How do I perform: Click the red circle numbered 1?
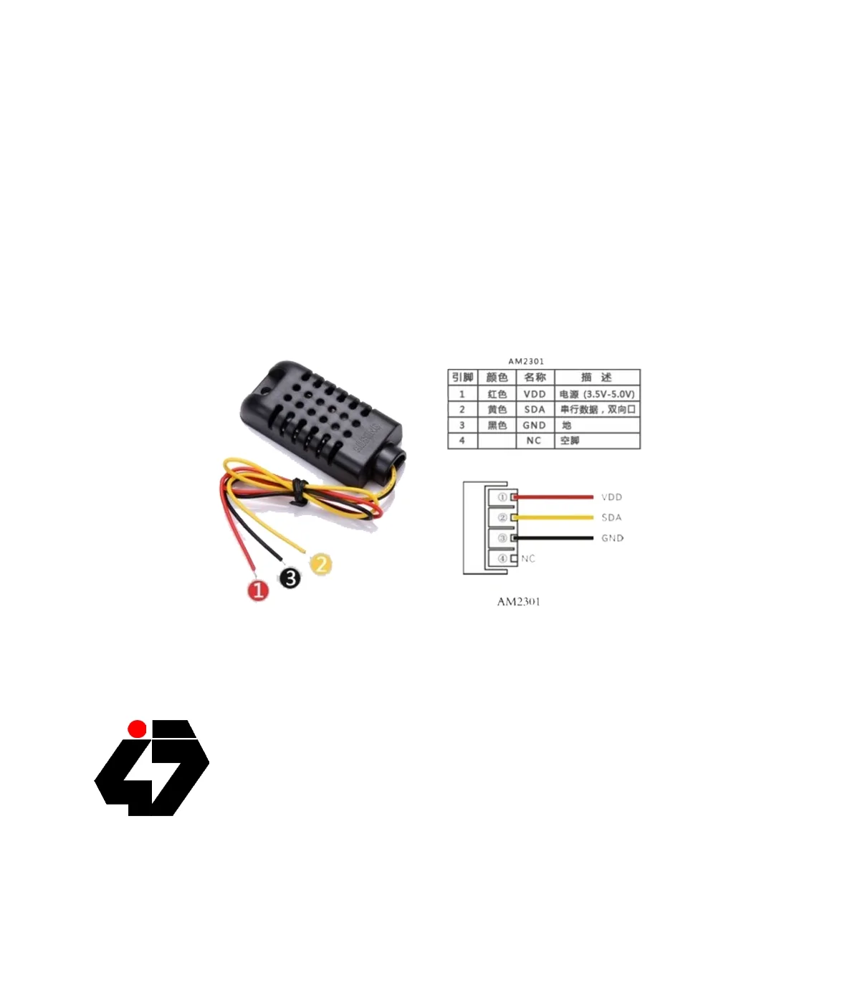click(258, 590)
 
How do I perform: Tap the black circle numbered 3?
click(290, 577)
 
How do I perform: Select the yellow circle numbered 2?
click(320, 564)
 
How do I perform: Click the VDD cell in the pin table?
click(535, 394)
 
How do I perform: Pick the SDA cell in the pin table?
click(535, 410)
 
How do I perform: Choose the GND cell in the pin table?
click(535, 425)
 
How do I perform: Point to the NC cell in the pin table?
click(534, 441)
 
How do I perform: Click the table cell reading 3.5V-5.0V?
click(597, 394)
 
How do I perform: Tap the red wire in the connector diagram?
click(555, 497)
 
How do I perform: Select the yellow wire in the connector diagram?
click(555, 517)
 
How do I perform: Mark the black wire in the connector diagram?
click(555, 538)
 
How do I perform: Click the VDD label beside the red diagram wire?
click(611, 497)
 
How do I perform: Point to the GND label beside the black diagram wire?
click(612, 538)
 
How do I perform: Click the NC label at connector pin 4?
click(528, 559)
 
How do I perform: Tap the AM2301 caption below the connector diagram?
click(518, 602)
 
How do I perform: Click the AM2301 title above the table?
click(526, 361)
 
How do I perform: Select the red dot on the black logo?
click(137, 729)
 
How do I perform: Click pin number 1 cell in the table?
click(462, 394)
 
